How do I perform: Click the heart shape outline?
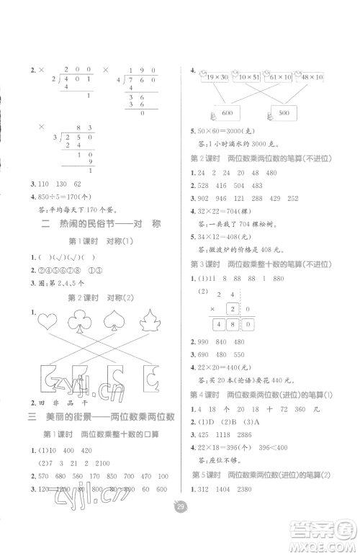(x=52, y=322)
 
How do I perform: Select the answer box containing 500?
(x=289, y=113)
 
